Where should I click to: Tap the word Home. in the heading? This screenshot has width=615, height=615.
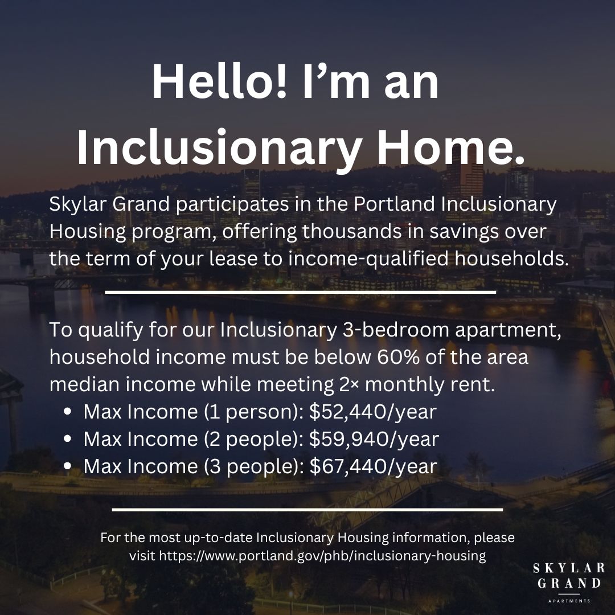pos(450,148)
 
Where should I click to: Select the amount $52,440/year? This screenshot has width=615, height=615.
pos(372,412)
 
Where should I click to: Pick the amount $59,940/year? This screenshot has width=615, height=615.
pos(374,439)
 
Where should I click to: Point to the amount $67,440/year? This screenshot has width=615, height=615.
pos(373,466)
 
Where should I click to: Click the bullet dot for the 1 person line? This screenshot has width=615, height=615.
pos(67,412)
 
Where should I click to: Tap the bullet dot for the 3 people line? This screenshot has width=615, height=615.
pos(67,466)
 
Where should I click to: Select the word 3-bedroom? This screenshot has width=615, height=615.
pos(396,330)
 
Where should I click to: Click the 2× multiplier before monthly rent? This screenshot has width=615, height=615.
pos(347,384)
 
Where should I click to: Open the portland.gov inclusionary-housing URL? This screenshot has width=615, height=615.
pos(322,556)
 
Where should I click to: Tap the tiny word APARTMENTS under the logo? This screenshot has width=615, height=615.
pos(569,601)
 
